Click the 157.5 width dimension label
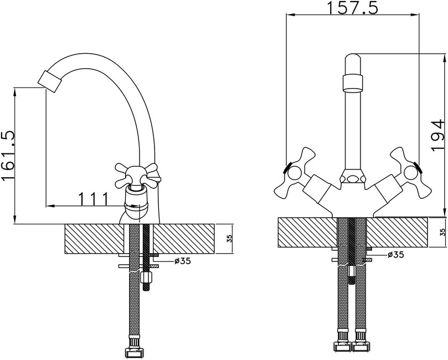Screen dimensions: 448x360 tap(352, 8)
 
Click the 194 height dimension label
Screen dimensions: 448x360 tap(437, 136)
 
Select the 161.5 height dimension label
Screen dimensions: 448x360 tap(8, 156)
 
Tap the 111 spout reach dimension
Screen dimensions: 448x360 tap(93, 199)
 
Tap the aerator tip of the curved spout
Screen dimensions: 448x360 tap(49, 81)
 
